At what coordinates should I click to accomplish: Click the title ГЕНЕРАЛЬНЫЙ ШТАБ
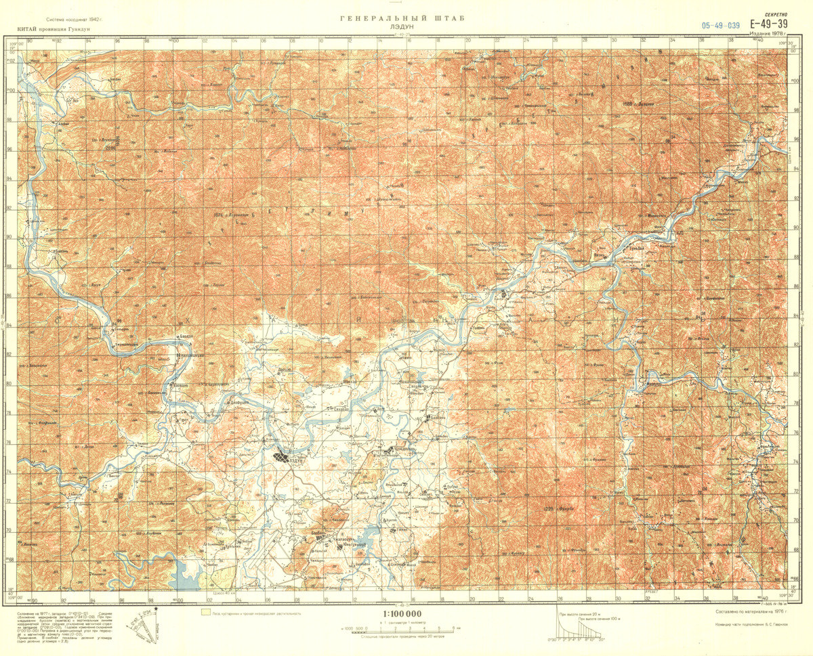(402, 19)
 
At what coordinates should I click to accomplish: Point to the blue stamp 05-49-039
(721, 25)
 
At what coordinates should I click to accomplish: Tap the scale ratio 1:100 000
(402, 614)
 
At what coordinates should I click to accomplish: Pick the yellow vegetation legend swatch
(205, 613)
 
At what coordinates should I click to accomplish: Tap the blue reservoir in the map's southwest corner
(186, 574)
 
